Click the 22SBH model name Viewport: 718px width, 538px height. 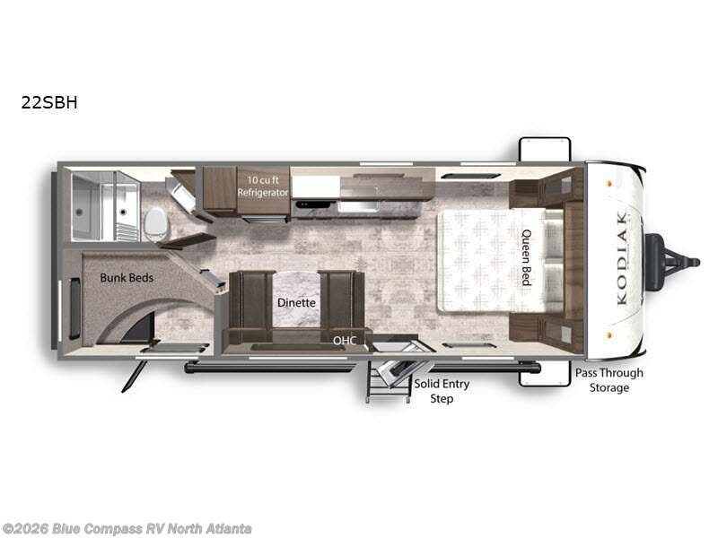tap(49, 102)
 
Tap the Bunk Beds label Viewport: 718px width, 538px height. tap(127, 278)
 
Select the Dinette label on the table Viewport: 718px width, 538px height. tap(296, 302)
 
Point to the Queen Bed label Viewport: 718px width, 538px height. tap(527, 257)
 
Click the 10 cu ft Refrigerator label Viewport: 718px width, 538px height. tap(263, 187)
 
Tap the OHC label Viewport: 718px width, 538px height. tap(345, 341)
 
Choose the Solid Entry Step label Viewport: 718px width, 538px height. tap(442, 391)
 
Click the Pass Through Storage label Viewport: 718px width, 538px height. tap(609, 380)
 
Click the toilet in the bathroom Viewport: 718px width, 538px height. tap(155, 224)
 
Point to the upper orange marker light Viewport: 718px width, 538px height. tap(609, 184)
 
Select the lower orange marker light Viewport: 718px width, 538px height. tap(609, 334)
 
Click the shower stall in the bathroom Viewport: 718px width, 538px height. tap(106, 206)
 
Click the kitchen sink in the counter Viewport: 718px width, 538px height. tap(358, 207)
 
